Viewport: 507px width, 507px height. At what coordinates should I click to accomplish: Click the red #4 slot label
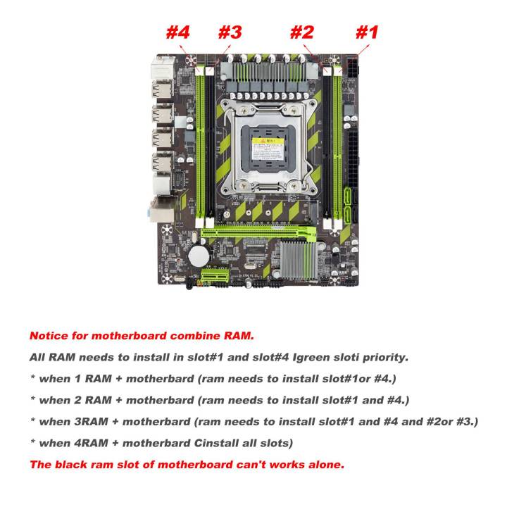tap(178, 32)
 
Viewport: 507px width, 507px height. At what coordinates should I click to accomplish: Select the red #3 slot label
tap(230, 32)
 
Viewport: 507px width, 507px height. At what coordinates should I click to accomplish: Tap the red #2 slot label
tap(301, 32)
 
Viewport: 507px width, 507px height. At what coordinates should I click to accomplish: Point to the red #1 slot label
tap(366, 32)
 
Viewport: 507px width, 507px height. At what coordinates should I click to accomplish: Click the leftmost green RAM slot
tap(200, 141)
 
